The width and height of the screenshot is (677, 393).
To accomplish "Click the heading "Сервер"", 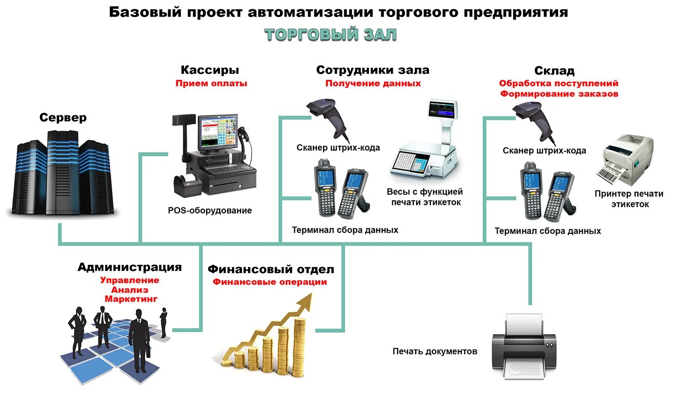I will point(63,117).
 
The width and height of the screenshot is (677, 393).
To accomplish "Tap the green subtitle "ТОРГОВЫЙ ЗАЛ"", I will point(330,35).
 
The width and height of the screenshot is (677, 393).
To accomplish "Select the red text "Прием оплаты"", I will point(211,83).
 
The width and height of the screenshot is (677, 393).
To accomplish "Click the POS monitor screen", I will point(217,132).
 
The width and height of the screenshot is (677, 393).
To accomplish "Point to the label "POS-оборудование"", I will point(210,210).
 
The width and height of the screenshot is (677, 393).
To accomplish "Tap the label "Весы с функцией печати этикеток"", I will point(425,197).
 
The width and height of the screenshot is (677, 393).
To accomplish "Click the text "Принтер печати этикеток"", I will point(629,199).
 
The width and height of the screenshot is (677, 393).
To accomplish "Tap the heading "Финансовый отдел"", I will point(271,269).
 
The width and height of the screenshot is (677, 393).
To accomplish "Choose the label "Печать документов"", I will point(435,351).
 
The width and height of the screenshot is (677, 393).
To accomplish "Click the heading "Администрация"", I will point(130,267).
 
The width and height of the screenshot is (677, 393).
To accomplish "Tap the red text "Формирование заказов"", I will point(559,94).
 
